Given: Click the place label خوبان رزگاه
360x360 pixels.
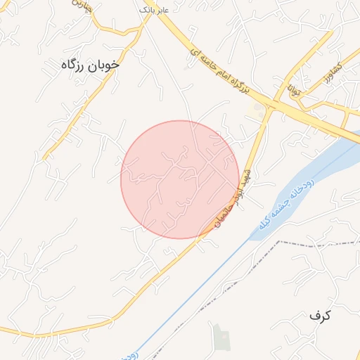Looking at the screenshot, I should (x=91, y=65).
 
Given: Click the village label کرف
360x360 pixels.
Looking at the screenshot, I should (x=319, y=315).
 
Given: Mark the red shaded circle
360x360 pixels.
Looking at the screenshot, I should (x=179, y=179).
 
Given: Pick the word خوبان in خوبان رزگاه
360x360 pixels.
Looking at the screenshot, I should (x=104, y=65).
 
